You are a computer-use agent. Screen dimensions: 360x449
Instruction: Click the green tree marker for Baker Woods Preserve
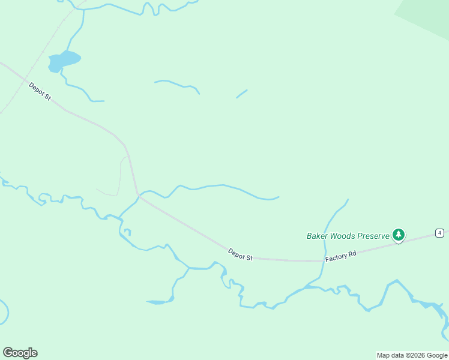(x=398, y=235)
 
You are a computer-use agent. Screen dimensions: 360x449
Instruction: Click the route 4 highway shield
(x=440, y=233)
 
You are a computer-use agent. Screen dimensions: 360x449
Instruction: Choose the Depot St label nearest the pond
(x=40, y=91)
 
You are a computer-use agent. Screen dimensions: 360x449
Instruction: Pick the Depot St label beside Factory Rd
(x=240, y=254)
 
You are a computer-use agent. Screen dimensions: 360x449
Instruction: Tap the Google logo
(x=20, y=353)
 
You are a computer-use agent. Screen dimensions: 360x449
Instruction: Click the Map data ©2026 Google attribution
(x=412, y=355)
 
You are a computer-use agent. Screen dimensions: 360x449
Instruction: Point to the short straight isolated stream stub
(x=242, y=94)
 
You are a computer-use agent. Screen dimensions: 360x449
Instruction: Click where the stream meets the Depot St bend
(x=139, y=195)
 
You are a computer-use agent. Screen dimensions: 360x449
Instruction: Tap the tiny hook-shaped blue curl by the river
(x=127, y=232)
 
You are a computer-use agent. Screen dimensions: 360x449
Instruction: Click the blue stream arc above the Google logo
(x=5, y=312)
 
